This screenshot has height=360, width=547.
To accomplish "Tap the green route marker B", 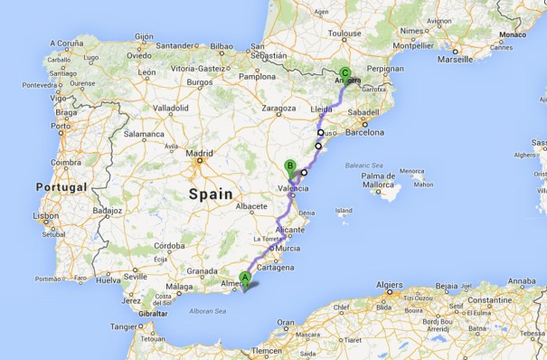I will [x=289, y=166].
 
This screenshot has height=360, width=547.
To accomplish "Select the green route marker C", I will [x=344, y=75].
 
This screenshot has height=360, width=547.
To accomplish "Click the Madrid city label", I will [x=198, y=154].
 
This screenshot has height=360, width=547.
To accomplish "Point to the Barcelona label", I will [x=364, y=132].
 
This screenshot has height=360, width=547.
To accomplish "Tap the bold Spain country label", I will [x=211, y=194].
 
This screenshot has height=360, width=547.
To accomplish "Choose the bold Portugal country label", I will [x=61, y=186].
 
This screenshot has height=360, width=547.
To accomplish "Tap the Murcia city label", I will [x=288, y=248].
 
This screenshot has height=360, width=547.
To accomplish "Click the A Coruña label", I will [x=65, y=43].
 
